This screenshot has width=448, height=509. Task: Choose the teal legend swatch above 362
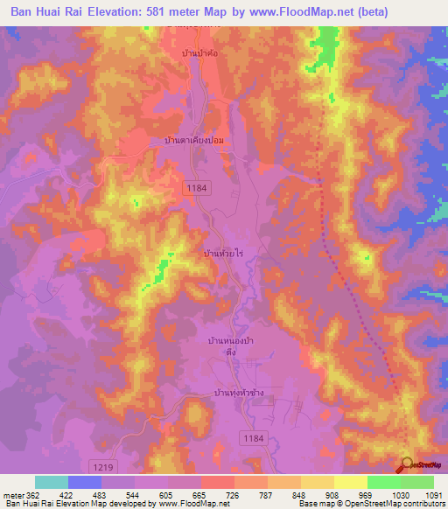(x=52, y=482)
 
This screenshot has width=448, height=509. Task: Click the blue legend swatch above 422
(x=84, y=482)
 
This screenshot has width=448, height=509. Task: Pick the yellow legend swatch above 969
(x=351, y=482)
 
